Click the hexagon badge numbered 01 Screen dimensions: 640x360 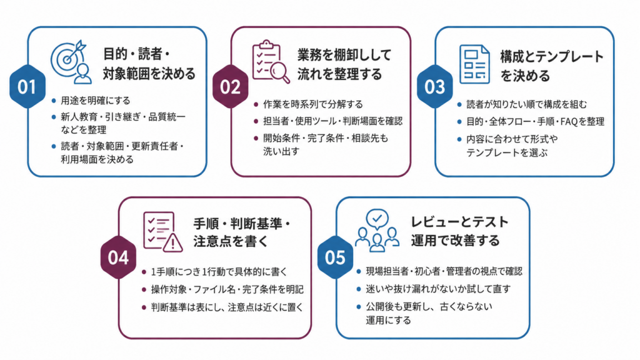tap(27, 86)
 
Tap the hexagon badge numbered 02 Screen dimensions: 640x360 tap(231, 86)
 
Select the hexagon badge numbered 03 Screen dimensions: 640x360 tap(435, 86)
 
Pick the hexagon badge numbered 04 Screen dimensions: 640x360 tap(118, 257)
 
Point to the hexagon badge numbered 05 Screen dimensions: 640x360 tap(335, 257)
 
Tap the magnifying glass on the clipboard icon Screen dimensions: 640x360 tap(280, 72)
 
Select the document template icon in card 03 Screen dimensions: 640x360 tap(474, 64)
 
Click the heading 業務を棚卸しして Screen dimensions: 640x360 tap(344, 55)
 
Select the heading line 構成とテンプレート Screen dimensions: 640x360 tap(552, 56)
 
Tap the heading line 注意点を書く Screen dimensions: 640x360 tap(231, 241)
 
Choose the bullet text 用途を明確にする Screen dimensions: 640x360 tap(96, 101)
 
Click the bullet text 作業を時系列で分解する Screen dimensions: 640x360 tap(313, 104)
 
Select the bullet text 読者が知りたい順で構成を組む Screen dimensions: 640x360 tap(526, 104)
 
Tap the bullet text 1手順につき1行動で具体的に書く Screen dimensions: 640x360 tap(219, 271)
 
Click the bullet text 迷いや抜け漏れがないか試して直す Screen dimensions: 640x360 tap(438, 289)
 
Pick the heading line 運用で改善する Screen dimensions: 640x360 tap(455, 241)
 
